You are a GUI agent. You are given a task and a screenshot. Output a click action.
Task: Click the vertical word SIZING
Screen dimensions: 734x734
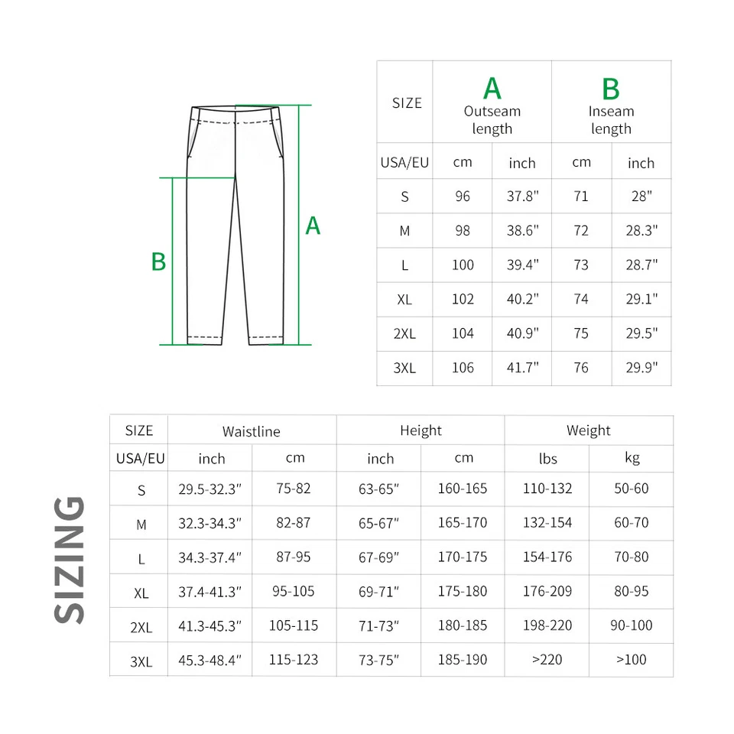click(x=70, y=559)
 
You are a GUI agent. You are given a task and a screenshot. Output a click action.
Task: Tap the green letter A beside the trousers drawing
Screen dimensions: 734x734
click(x=313, y=226)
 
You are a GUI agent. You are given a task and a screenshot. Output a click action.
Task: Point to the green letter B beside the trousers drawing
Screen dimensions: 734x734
click(x=158, y=262)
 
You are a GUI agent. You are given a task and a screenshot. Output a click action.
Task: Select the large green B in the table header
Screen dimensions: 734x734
click(x=610, y=89)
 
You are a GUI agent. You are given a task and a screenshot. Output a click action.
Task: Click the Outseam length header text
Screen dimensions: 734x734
click(x=492, y=120)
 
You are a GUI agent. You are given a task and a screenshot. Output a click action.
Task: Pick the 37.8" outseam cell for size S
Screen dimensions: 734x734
click(x=523, y=196)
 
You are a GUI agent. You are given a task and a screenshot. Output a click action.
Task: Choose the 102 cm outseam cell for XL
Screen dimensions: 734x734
click(x=463, y=299)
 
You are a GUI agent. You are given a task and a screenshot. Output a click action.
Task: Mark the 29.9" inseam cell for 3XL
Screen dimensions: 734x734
click(x=641, y=368)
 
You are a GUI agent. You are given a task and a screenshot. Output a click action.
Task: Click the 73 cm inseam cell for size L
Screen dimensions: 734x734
click(x=581, y=265)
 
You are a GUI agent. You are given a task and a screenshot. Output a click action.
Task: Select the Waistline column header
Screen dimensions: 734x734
click(x=251, y=431)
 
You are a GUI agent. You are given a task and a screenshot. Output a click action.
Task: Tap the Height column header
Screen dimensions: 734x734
click(x=421, y=430)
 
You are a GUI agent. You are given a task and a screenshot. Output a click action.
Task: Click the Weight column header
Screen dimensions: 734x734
click(x=588, y=430)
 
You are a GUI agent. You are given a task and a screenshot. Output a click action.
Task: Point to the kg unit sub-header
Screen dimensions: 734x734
click(x=632, y=458)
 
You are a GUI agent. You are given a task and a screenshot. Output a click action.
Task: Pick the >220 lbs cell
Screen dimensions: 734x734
click(x=547, y=659)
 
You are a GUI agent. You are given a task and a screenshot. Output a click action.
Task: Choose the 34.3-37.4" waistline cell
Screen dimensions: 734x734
click(x=209, y=557)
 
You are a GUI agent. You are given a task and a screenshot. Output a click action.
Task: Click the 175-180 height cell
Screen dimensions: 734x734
click(x=462, y=591)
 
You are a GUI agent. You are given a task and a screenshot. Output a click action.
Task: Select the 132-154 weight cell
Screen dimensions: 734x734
click(x=547, y=523)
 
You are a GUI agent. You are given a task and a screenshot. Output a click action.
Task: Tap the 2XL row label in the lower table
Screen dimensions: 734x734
click(x=141, y=627)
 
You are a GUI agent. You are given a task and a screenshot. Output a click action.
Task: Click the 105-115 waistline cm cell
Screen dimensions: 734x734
click(x=293, y=625)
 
